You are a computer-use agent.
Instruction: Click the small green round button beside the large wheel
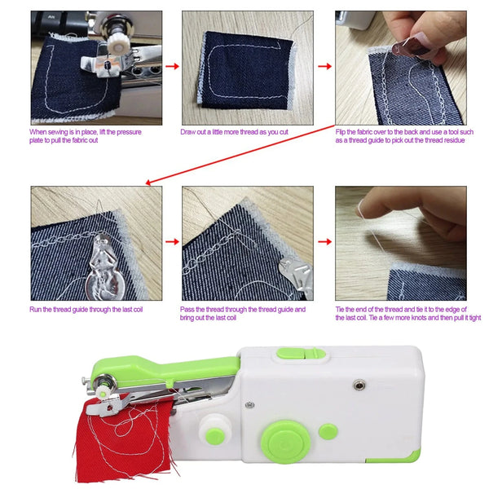(328, 430)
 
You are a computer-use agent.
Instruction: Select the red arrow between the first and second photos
(171, 67)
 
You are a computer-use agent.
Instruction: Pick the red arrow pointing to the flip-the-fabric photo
(324, 67)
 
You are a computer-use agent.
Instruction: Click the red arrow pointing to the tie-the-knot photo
(324, 242)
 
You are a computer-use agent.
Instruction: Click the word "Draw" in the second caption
(188, 131)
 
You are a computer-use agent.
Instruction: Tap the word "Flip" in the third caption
(341, 131)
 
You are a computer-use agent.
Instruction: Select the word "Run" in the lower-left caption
(37, 310)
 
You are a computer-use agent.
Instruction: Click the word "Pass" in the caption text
(188, 310)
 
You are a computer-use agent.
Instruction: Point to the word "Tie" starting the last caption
(341, 310)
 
